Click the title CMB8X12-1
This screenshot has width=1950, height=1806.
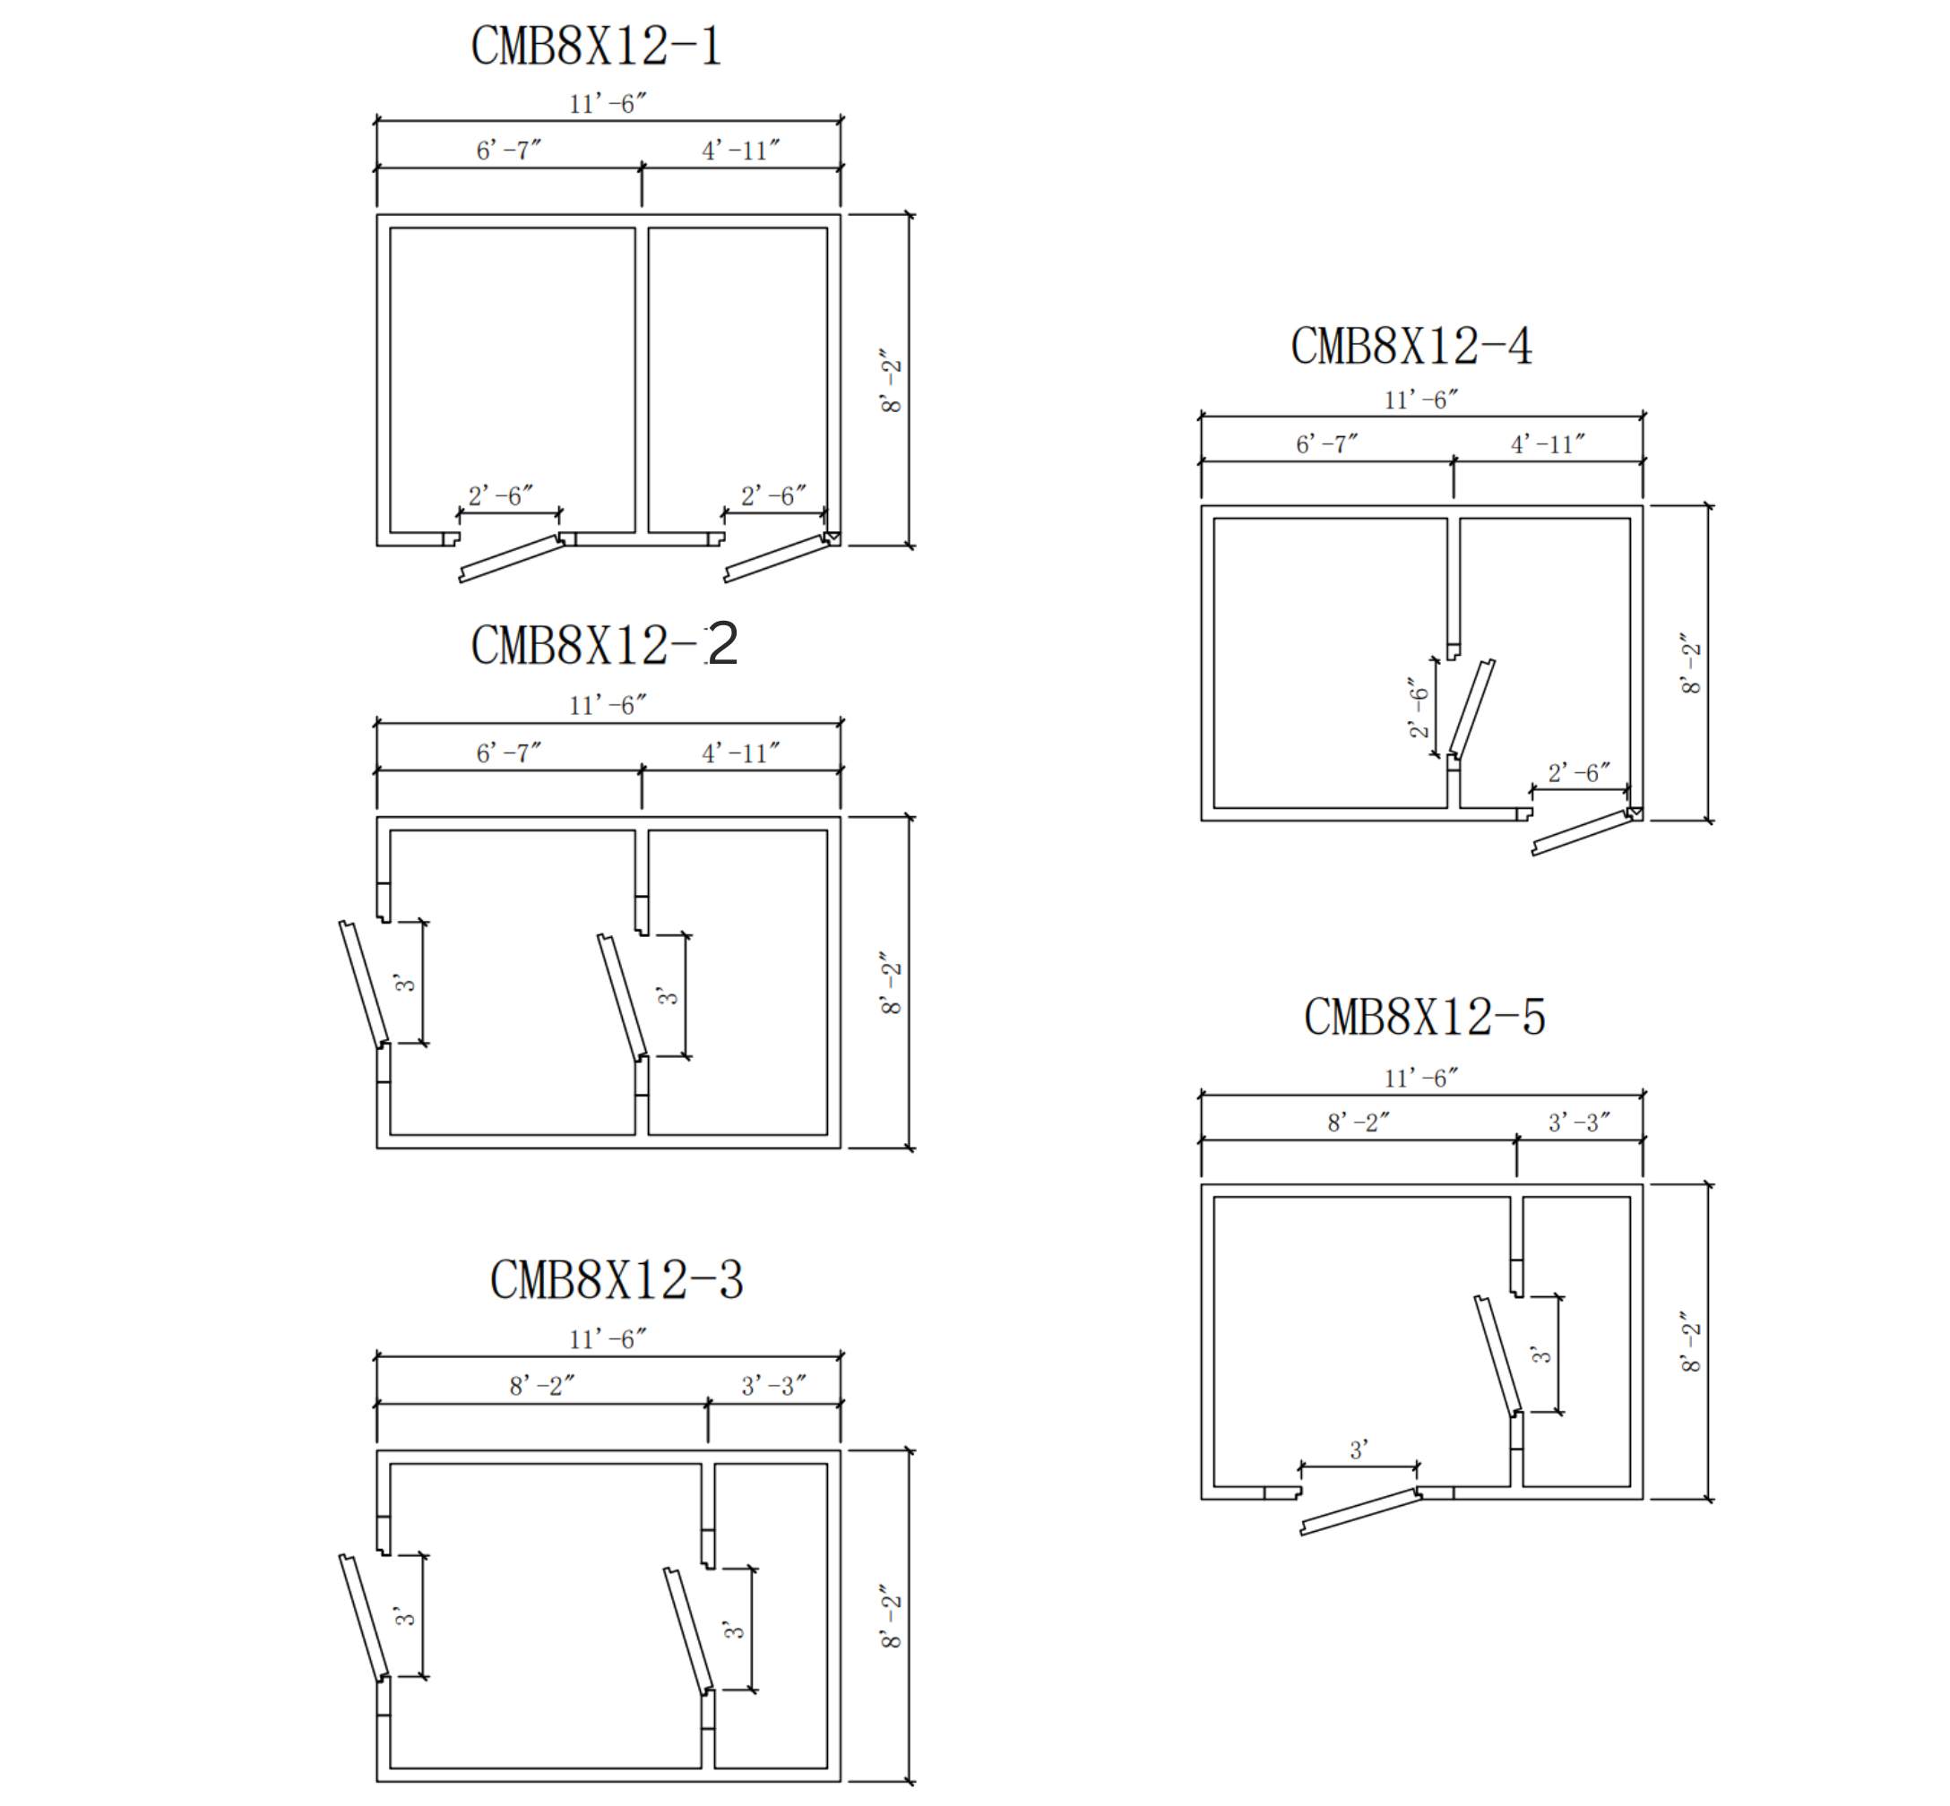coord(596,46)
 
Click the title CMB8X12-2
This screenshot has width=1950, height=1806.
coord(604,645)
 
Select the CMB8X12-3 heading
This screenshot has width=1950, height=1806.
coord(617,1280)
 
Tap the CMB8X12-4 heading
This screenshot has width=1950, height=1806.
coord(1411,346)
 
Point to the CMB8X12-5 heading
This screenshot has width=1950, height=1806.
coord(1424,1018)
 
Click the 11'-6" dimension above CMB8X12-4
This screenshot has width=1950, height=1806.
coord(1421,400)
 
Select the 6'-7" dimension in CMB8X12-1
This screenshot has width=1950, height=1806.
coord(508,150)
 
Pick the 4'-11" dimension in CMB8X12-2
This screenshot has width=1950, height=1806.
coord(741,753)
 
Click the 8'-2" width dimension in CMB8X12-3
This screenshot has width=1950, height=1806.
coord(541,1386)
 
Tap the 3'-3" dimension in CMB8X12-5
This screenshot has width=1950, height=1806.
coord(1579,1122)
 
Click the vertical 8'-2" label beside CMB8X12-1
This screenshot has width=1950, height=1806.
coord(891,380)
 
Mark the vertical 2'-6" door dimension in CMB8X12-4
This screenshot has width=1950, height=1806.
coord(1419,708)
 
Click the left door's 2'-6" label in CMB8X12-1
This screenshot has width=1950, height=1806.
coord(500,496)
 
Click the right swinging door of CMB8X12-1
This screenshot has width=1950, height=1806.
coord(778,558)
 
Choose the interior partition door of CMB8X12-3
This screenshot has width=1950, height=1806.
coord(689,1631)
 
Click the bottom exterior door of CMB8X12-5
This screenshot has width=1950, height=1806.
coord(1359,1512)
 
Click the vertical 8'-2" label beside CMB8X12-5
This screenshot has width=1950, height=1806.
coord(1691,1343)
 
